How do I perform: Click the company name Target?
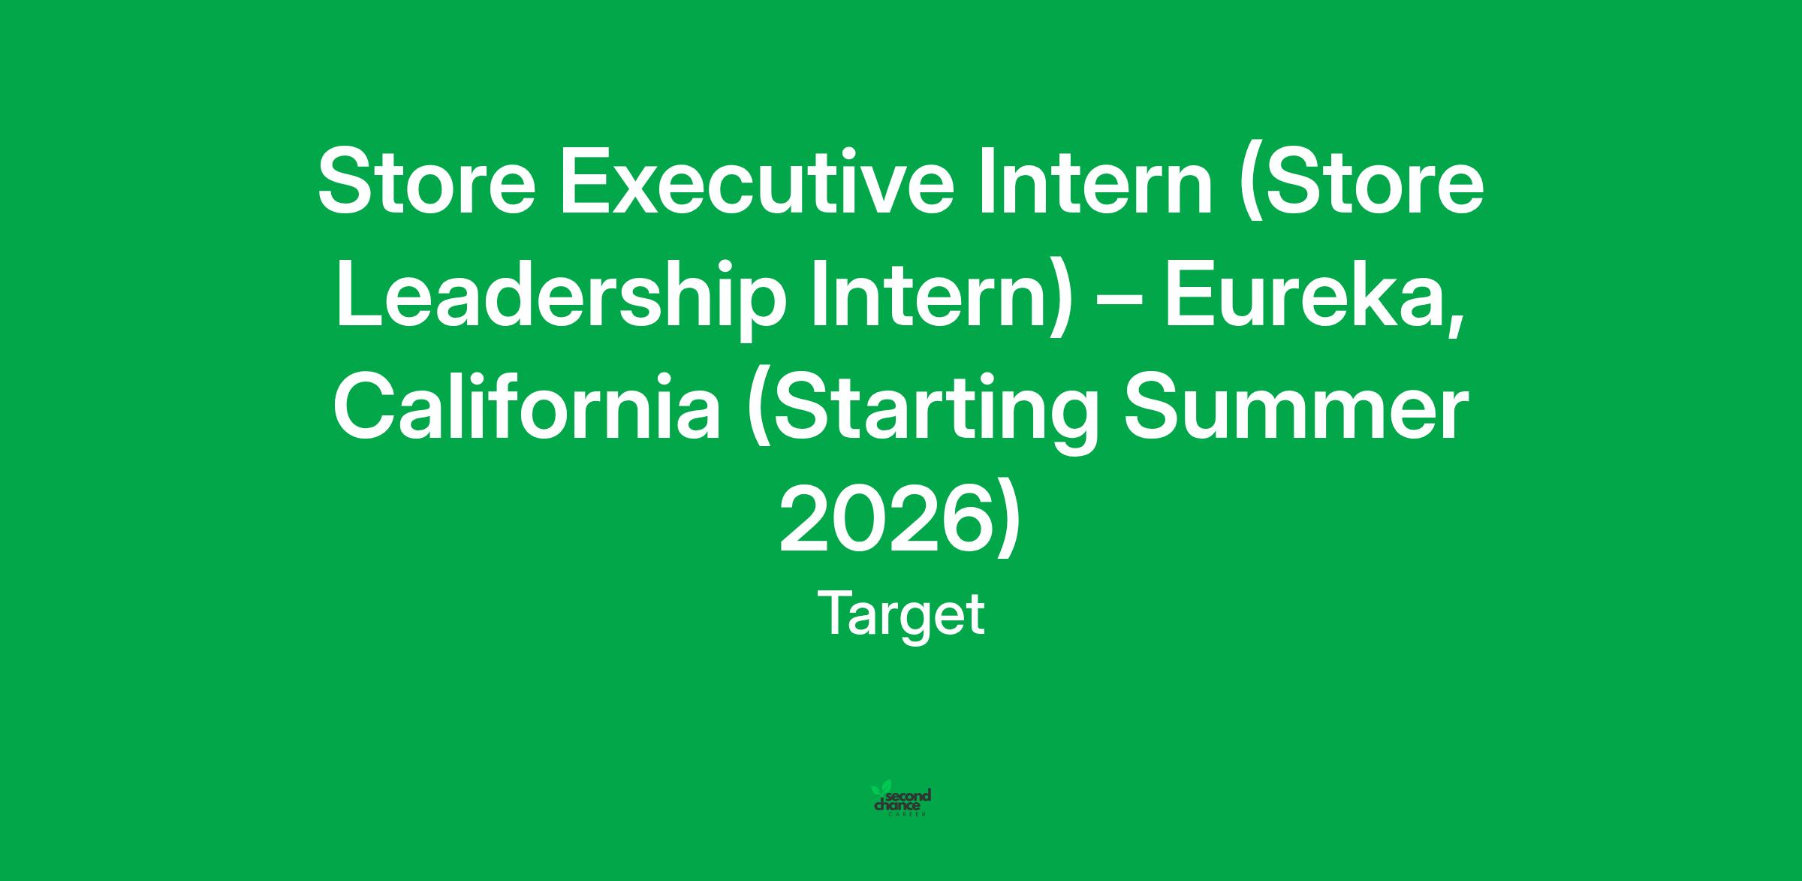pos(901,614)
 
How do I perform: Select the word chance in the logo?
pos(897,806)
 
